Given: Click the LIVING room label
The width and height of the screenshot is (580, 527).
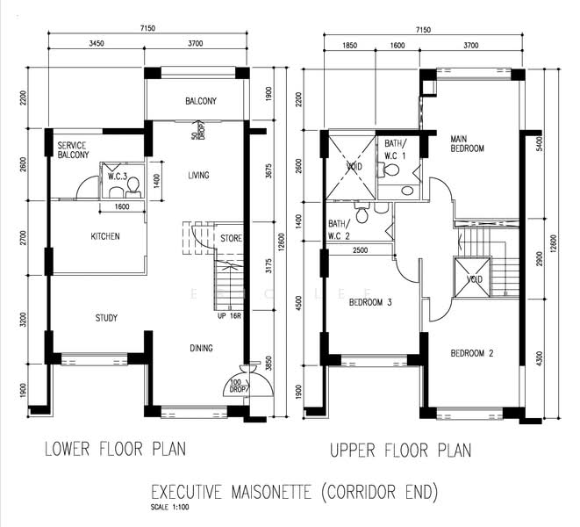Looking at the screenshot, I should coord(198,176).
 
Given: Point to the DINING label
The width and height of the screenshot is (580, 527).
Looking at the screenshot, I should coord(201,349).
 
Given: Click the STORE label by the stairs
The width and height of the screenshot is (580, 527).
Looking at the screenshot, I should coord(231,237).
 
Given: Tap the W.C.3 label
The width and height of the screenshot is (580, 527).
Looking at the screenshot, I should coord(118,177).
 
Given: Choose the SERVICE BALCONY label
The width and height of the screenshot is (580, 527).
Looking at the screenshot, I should coord(73,150).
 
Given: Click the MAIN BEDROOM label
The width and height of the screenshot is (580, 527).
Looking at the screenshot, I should coord(467,144).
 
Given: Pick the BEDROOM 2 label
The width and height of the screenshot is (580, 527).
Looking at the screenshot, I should coord(472,353).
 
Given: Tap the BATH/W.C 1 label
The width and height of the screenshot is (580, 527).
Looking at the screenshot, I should coord(391,149).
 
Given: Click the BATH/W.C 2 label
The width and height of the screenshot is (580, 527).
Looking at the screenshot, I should coord(340,229).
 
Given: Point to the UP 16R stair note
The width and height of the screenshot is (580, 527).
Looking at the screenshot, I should coord(229,315).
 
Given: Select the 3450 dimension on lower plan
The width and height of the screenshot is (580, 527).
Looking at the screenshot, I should coord(97,42).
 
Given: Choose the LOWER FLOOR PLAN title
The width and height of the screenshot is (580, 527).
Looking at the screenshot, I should coord(116,450).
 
